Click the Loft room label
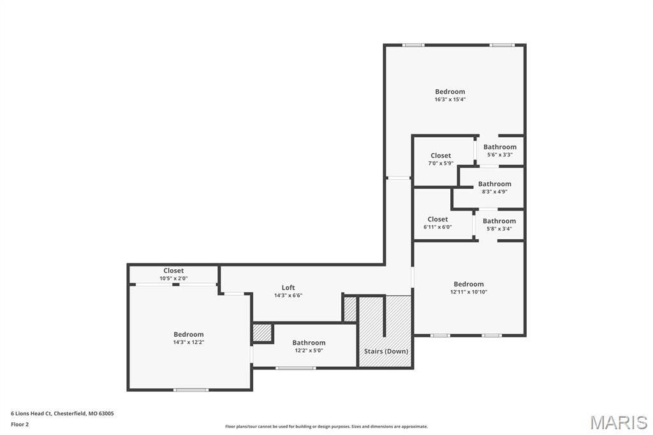pyautogui.click(x=288, y=288)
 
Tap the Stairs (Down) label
pyautogui.click(x=386, y=351)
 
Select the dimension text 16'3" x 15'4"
pyautogui.click(x=450, y=100)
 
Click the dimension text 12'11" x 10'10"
pyautogui.click(x=469, y=292)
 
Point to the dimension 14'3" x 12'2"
pyautogui.click(x=189, y=343)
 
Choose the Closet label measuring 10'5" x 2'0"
pyautogui.click(x=173, y=270)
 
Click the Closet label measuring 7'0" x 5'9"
pyautogui.click(x=441, y=156)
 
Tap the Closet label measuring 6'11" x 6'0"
pyautogui.click(x=437, y=219)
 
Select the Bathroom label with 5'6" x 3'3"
pyautogui.click(x=500, y=147)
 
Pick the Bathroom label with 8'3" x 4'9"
pyautogui.click(x=495, y=184)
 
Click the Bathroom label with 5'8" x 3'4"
pyautogui.click(x=499, y=221)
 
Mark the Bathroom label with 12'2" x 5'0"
pyautogui.click(x=309, y=343)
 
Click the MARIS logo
pyautogui.click(x=619, y=422)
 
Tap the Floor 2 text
pyautogui.click(x=20, y=424)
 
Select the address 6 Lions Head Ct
pyautogui.click(x=62, y=413)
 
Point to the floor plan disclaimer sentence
pyautogui.click(x=326, y=427)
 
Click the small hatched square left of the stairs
pyautogui.click(x=350, y=309)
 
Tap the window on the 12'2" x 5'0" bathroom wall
pyautogui.click(x=295, y=368)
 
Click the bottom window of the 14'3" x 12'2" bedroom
pyautogui.click(x=191, y=390)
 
